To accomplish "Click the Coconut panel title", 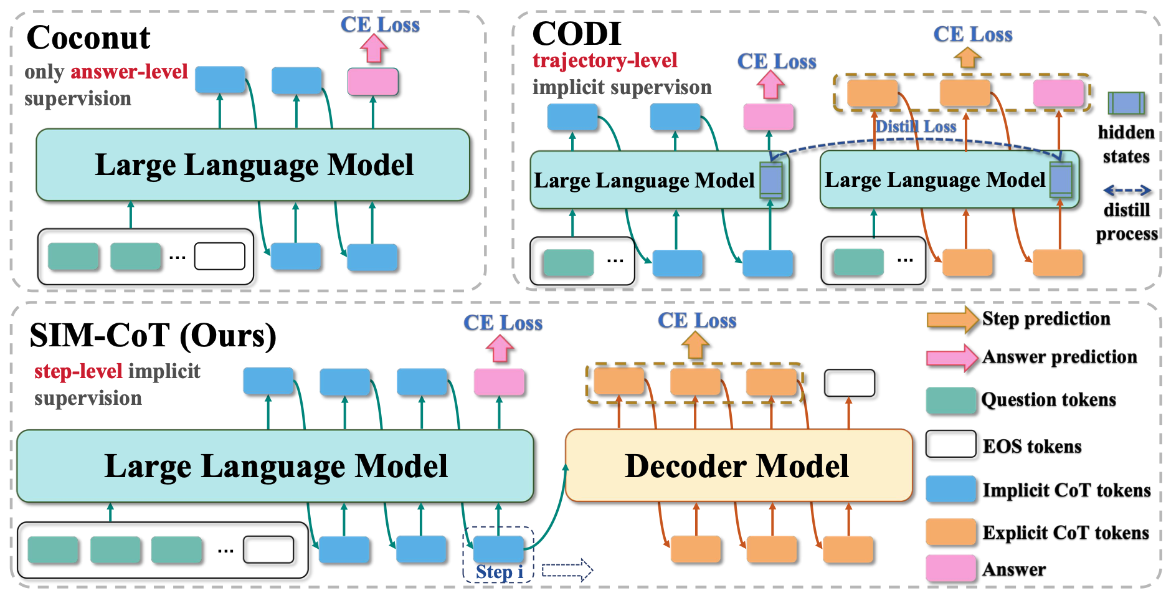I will (88, 37).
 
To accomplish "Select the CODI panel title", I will (576, 34).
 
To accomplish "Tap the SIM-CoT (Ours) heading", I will (153, 336).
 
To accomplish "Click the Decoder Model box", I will (738, 465).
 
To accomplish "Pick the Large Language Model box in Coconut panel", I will (253, 165).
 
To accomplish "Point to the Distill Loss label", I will (916, 126).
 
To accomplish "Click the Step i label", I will (499, 572).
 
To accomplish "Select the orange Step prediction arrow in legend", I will (952, 320).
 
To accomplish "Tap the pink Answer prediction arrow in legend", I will (952, 358).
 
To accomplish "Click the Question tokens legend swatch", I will (950, 401).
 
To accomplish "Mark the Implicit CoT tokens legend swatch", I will (950, 490).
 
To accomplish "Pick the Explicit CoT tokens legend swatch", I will (950, 532).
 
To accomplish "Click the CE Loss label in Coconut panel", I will (380, 25).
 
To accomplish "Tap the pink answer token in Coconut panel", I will (372, 82).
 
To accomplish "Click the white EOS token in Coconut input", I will (219, 256).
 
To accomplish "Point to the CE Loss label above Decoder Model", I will (697, 321).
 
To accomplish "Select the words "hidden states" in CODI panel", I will (1126, 144).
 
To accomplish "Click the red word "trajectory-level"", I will (605, 60).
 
